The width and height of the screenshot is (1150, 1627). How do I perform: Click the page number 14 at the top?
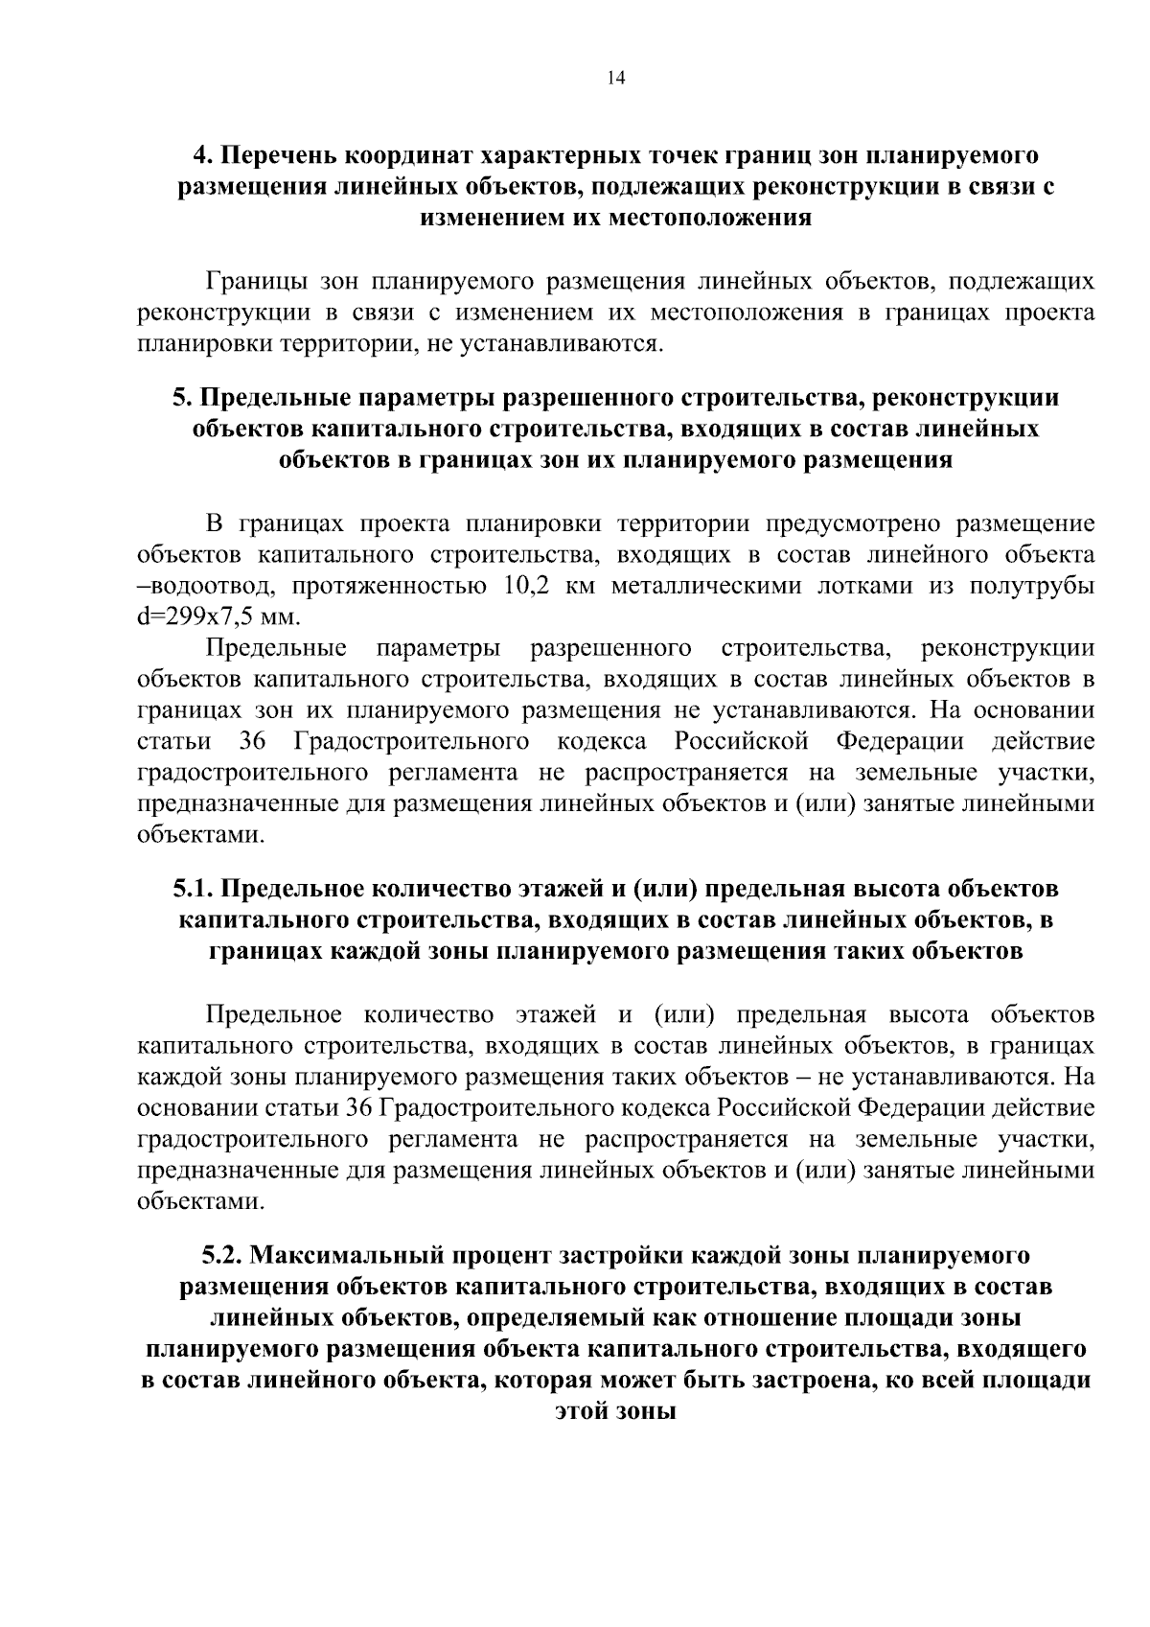(615, 79)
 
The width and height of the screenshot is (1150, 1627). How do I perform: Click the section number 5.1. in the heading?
(195, 889)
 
